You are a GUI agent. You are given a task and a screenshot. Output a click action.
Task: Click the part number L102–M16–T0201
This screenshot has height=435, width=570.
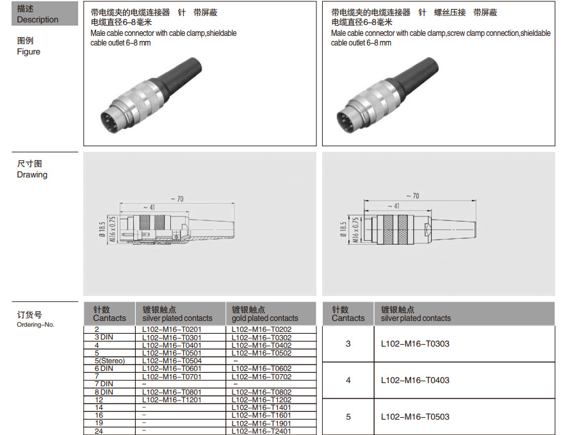172,329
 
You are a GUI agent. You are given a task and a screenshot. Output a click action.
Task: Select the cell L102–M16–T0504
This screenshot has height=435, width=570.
172,361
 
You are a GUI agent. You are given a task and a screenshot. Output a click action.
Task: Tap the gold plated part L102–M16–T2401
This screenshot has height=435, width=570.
261,431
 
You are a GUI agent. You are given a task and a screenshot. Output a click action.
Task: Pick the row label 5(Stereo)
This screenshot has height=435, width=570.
110,361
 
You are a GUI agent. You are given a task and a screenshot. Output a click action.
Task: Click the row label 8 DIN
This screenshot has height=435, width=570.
104,392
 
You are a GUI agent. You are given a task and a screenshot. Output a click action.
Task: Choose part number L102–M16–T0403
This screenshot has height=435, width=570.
415,381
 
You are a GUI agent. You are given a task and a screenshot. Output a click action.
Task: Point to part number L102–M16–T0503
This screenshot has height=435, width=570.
415,417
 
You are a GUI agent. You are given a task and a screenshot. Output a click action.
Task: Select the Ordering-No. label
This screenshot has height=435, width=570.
35,324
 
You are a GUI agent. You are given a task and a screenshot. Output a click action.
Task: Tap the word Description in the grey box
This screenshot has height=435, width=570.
37,20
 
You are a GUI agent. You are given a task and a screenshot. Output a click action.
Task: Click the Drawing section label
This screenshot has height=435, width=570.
32,175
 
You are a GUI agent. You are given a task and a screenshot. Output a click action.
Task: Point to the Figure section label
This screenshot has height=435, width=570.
28,52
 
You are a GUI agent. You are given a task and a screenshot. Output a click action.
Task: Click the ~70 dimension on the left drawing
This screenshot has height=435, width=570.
177,199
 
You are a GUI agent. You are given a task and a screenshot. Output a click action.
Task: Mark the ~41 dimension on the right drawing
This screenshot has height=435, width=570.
394,206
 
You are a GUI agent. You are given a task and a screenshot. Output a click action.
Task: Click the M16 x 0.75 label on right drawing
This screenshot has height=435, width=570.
355,229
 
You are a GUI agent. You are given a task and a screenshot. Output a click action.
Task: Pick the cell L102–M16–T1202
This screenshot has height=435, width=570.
261,400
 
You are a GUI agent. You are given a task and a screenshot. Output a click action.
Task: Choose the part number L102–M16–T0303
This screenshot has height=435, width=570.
415,344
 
